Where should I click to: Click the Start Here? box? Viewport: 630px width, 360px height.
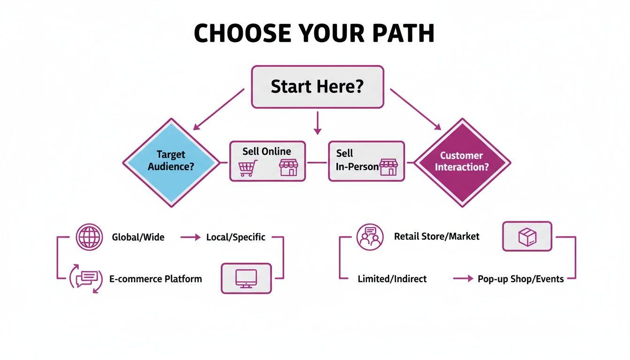coord(317,87)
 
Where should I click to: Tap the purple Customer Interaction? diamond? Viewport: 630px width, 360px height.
coord(462,162)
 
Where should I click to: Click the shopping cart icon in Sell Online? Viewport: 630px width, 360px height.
coord(248,168)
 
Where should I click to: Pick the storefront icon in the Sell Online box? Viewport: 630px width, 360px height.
coord(288,167)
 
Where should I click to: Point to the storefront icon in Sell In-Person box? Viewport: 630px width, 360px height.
coord(388,167)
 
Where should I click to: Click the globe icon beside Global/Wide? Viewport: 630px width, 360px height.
coord(89,237)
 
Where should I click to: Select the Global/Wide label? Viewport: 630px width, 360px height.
coord(138,237)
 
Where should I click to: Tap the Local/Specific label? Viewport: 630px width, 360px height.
coord(236,237)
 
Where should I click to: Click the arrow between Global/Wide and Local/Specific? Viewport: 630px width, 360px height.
coord(190,237)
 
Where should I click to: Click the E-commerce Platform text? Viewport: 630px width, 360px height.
coord(156,279)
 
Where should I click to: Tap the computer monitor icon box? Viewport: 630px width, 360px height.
coord(246,278)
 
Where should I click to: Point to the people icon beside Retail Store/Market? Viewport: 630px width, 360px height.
coord(370,237)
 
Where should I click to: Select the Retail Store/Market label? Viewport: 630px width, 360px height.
coord(436,236)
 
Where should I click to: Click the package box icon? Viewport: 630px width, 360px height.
coord(527,237)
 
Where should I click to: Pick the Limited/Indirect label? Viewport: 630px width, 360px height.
coord(392,279)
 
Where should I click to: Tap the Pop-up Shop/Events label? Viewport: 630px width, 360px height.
coord(520,279)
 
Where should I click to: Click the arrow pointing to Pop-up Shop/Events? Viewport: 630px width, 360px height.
coord(463,279)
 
